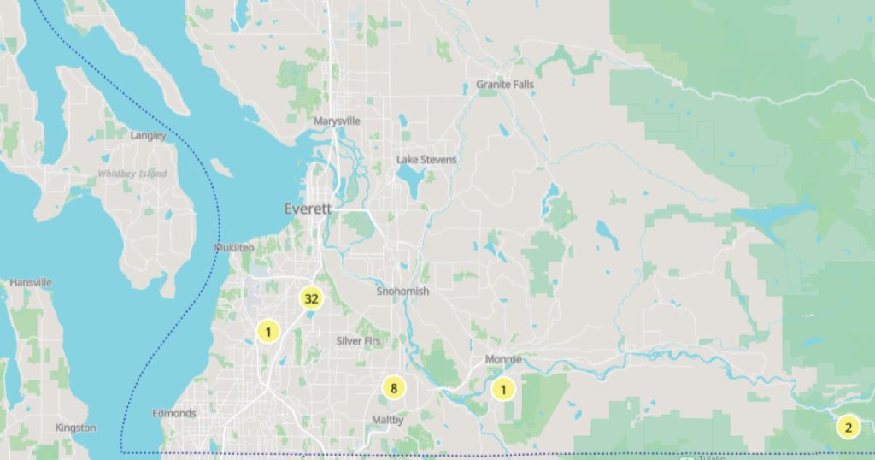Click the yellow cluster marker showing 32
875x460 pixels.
(311, 298)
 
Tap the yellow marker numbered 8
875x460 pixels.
(394, 389)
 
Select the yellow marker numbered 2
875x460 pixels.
(848, 428)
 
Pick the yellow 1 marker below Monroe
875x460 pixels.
(503, 390)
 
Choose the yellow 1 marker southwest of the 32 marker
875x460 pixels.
(268, 332)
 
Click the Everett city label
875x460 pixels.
(308, 209)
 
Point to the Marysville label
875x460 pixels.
(337, 121)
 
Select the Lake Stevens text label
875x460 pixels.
(426, 160)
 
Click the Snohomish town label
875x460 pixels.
(402, 292)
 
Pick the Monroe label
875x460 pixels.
(503, 360)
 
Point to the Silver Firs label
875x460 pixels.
(359, 340)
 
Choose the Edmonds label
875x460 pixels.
(173, 414)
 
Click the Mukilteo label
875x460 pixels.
(234, 247)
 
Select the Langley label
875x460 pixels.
(148, 135)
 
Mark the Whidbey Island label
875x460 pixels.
(132, 174)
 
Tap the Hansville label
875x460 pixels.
(31, 282)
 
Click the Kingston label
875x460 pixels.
(75, 428)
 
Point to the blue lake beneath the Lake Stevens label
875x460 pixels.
(414, 181)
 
